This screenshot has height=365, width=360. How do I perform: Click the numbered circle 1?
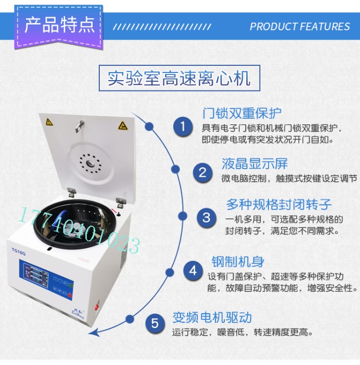(x=183, y=127)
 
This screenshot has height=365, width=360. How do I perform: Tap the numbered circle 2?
(x=203, y=173)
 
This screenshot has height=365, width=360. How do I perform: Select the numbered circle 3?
(x=207, y=218)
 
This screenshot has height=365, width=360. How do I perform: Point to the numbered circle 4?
(x=193, y=271)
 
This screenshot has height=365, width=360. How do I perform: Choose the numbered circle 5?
(x=155, y=323)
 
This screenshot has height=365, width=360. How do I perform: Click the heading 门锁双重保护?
(x=242, y=114)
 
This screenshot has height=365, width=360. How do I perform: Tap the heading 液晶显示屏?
(x=255, y=163)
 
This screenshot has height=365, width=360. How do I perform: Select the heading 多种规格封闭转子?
(x=279, y=205)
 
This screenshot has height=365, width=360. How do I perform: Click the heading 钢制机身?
(x=238, y=262)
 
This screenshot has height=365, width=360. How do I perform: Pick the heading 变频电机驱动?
(x=212, y=317)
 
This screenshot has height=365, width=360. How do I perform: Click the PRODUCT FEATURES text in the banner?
(x=300, y=26)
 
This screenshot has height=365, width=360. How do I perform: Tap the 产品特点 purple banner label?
(x=59, y=25)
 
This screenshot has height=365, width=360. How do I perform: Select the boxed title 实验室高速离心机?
(x=179, y=78)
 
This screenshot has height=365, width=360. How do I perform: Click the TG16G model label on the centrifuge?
(x=19, y=251)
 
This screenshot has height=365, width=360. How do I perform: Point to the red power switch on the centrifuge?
(x=97, y=306)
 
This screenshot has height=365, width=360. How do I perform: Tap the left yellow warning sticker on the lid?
(x=49, y=122)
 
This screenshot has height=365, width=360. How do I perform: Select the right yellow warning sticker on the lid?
(x=123, y=126)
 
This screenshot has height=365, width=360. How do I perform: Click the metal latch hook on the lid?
(x=80, y=126)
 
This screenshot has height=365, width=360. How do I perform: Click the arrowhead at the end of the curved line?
(x=93, y=333)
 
